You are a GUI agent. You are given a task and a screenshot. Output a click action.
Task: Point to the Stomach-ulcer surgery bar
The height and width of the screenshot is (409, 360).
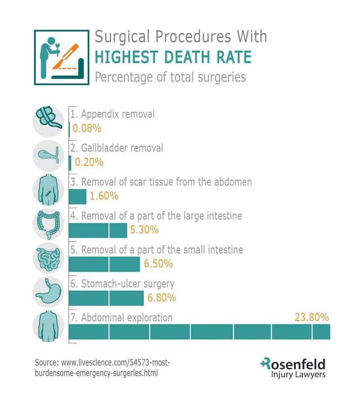tap(106, 298)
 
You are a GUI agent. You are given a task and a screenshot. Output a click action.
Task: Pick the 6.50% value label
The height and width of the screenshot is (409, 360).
tap(158, 264)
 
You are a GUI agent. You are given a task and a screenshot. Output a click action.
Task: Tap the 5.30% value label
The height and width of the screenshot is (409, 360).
tap(144, 230)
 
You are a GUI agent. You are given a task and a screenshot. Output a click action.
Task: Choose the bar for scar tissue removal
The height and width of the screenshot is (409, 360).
tap(77, 196)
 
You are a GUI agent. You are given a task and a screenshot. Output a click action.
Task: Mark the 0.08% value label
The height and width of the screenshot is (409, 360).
tap(87, 128)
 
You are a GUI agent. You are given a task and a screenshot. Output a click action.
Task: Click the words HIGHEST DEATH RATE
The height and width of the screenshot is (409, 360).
tap(173, 57)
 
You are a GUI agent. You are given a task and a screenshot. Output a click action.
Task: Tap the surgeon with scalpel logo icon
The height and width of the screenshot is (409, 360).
tap(61, 57)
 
